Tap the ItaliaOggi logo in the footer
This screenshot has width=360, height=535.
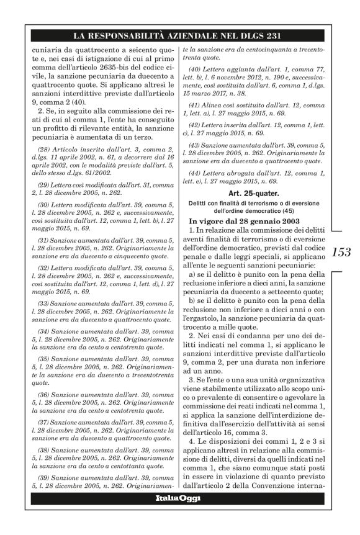click(179, 515)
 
